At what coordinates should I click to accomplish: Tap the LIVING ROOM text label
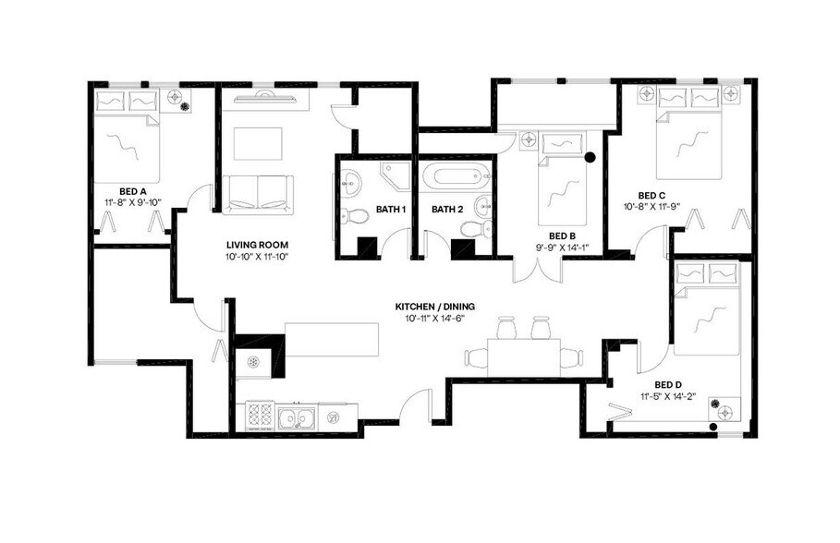coord(258,245)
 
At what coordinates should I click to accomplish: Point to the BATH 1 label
coord(391,210)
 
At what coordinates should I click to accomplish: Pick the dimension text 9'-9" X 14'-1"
coord(563,247)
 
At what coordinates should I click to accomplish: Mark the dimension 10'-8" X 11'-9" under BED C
coord(652,207)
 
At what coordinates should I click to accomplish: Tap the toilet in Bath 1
coord(350,217)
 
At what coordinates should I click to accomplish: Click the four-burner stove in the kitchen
coord(261,417)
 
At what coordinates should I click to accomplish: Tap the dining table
coord(524,356)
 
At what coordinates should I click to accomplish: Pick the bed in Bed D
coord(707,309)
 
